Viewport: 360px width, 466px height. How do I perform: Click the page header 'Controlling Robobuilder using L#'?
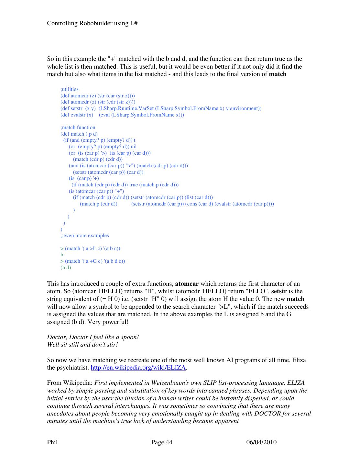pos(93,23)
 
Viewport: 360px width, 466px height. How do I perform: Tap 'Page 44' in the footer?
pos(162,442)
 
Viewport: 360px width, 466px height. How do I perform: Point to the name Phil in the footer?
pos(52,442)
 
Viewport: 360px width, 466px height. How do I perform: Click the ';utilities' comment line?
pos(69,89)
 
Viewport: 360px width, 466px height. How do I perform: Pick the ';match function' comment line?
pos(78,128)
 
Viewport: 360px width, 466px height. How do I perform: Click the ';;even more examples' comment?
pos(85,236)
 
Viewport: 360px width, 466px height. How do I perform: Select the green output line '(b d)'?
pos(66,268)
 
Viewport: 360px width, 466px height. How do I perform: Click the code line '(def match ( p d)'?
pos(79,134)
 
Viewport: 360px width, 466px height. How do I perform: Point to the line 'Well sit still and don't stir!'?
pos(82,345)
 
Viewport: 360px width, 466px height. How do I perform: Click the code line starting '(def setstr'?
pos(161,108)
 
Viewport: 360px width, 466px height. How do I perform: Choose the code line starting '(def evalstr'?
pos(122,115)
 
